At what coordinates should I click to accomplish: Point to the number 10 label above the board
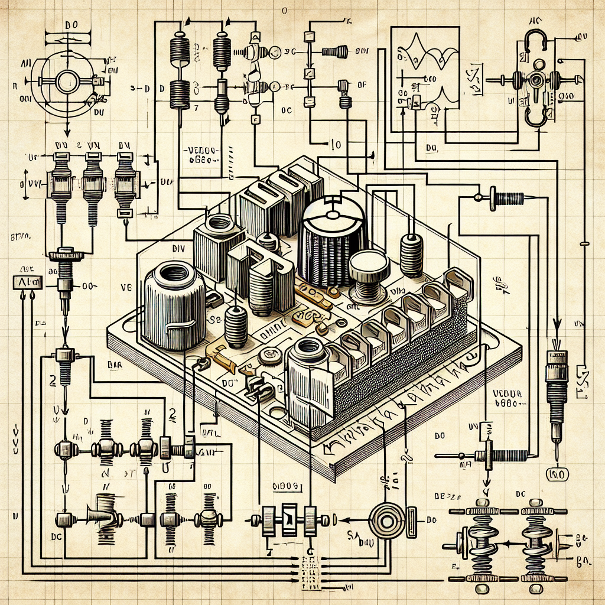(335, 144)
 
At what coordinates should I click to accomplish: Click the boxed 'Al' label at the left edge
(27, 282)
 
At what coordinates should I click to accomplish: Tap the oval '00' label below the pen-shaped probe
(555, 474)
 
